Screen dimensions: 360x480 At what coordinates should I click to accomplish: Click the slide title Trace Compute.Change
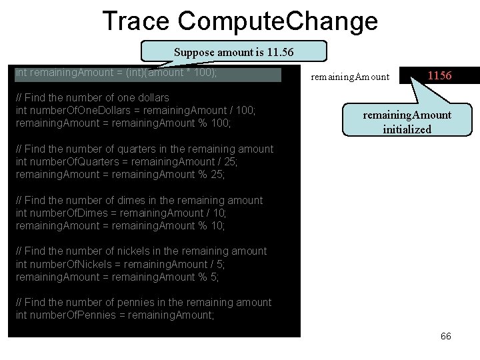[240, 21]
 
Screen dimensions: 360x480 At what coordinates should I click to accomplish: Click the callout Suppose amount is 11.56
[233, 52]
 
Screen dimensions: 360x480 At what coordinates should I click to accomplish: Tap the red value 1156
[439, 75]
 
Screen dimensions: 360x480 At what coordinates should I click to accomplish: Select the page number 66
[446, 336]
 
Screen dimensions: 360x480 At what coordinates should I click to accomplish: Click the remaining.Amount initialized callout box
[407, 122]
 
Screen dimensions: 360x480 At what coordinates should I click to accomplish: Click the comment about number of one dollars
[92, 97]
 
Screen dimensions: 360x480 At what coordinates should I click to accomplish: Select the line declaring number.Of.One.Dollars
[135, 110]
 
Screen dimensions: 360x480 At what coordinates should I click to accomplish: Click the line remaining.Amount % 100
[123, 123]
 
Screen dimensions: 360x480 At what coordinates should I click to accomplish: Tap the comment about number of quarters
[144, 149]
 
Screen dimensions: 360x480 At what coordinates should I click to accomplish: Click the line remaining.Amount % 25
[120, 175]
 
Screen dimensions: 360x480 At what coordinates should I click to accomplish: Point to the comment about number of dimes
[139, 200]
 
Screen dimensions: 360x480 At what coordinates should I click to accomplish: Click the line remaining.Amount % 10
[120, 226]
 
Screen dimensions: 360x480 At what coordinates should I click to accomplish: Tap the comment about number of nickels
[141, 251]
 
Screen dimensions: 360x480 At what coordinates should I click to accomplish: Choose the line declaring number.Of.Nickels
[120, 264]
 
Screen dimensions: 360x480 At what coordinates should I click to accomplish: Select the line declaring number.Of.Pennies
[115, 315]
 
